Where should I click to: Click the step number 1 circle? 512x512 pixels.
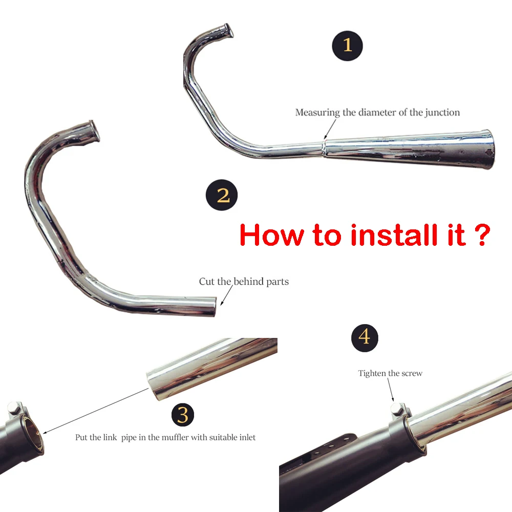(x=347, y=46)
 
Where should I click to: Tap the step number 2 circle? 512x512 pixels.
(x=221, y=195)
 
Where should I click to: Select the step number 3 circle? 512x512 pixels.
(x=183, y=415)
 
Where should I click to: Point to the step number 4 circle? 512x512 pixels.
(x=365, y=337)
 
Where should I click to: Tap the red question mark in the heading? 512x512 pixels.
(x=482, y=234)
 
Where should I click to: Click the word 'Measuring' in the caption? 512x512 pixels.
(x=317, y=113)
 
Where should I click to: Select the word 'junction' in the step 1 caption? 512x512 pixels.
(x=442, y=113)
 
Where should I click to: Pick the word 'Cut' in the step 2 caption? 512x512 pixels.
(x=207, y=282)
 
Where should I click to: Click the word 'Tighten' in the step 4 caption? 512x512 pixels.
(x=372, y=373)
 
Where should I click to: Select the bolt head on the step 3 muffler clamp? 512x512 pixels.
(x=12, y=408)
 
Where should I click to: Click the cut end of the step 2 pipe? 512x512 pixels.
(x=215, y=307)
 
